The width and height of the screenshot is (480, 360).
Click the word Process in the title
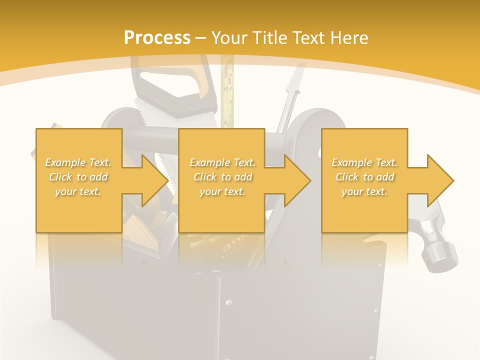(157, 38)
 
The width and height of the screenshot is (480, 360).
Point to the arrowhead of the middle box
(297, 180)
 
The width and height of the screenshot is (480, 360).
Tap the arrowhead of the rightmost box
(440, 180)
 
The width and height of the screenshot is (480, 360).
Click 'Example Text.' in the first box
(78, 162)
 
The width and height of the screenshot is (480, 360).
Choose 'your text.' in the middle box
(222, 191)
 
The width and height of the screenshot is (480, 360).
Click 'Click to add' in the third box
(364, 177)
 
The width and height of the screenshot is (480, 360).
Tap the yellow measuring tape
(227, 90)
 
